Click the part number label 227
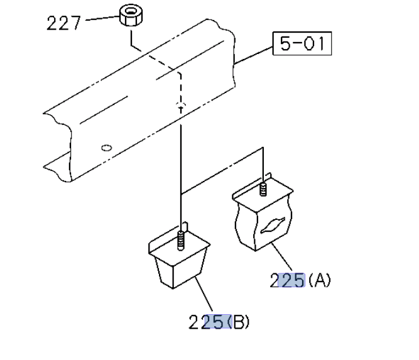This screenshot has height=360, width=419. [x=63, y=23]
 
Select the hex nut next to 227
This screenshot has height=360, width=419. [x=131, y=15]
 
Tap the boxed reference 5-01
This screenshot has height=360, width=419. [x=302, y=43]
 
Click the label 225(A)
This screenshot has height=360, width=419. [x=300, y=280]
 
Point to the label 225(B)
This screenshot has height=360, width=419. [x=219, y=322]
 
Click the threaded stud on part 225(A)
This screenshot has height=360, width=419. [x=263, y=189]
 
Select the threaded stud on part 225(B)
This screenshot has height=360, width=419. [x=181, y=241]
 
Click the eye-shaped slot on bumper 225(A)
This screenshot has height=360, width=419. [x=273, y=226]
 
